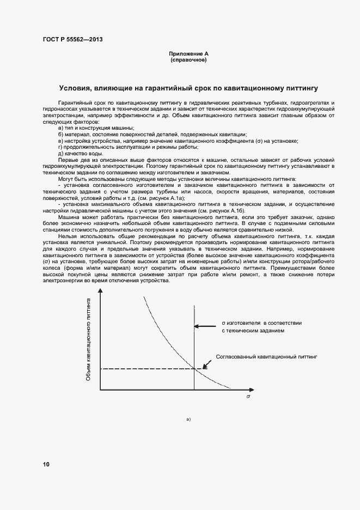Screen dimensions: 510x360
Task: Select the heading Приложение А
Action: point(188,54)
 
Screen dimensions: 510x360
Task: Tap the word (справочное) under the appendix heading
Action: point(188,60)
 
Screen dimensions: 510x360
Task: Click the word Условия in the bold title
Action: point(76,88)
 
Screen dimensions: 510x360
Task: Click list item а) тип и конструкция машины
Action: point(96,127)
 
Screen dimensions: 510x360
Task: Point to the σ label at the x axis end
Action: point(248,397)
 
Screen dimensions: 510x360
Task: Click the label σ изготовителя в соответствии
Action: point(261,323)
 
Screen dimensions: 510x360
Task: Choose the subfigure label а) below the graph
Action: point(188,420)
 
